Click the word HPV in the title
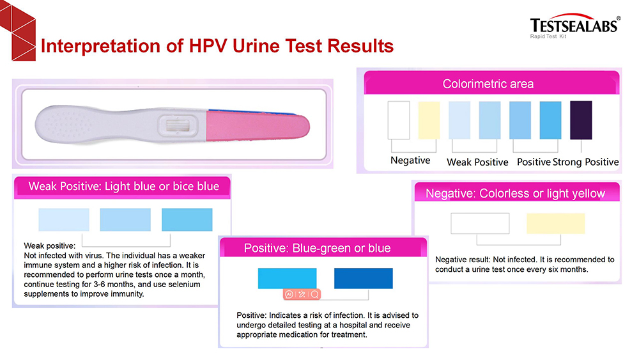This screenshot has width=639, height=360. pos(208,45)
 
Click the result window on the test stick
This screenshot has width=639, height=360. pos(178,125)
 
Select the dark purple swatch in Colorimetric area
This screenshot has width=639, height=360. pos(581,120)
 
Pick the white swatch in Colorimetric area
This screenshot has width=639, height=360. pos(399,120)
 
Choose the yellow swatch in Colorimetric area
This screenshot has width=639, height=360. pos(429,120)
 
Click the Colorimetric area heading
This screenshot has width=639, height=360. pos(488,84)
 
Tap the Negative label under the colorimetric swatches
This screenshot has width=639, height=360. pos(410,160)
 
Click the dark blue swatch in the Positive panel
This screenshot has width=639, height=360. pos(364,278)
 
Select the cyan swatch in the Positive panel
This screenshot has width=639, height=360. pos(288,278)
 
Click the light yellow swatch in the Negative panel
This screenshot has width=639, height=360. pos(555,223)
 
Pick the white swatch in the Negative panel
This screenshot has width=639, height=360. pos(480,223)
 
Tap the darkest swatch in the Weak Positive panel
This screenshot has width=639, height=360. pos(187,220)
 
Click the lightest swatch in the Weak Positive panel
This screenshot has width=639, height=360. pos(64,220)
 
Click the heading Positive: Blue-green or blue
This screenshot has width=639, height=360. pos(317,248)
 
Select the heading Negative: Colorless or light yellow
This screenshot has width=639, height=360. pos(515,193)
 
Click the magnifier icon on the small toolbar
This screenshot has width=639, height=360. pos(314,294)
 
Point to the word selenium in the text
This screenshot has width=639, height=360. pos(184,284)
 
